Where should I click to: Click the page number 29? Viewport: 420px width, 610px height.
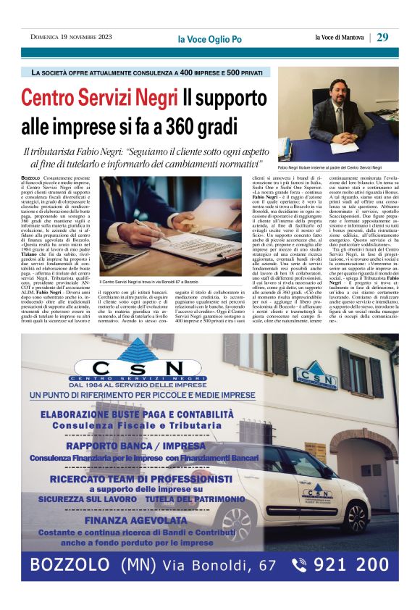click(383, 37)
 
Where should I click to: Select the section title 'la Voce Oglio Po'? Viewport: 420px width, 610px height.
click(209, 38)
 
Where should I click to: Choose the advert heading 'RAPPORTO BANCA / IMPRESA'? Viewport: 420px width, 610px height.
click(136, 447)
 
